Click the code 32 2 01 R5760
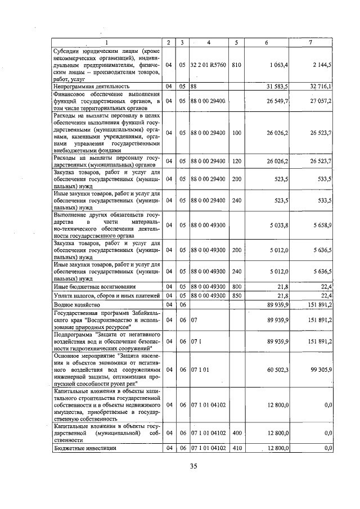(208, 65)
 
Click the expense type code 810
(236, 65)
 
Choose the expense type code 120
(236, 161)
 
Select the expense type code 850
(236, 295)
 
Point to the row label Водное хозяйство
(76, 304)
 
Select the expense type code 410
(236, 448)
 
